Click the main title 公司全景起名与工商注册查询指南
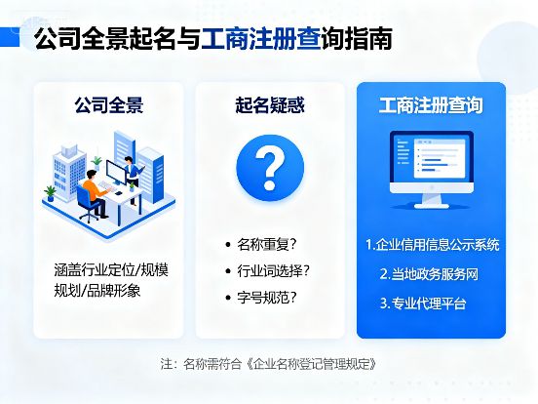[x=213, y=40]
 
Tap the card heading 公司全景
[x=109, y=105]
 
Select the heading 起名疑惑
[x=269, y=105]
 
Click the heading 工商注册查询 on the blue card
[x=430, y=105]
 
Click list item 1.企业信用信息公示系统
[x=432, y=244]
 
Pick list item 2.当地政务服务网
[x=430, y=274]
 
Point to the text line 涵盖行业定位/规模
[x=109, y=268]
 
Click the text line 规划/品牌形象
[x=97, y=291]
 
